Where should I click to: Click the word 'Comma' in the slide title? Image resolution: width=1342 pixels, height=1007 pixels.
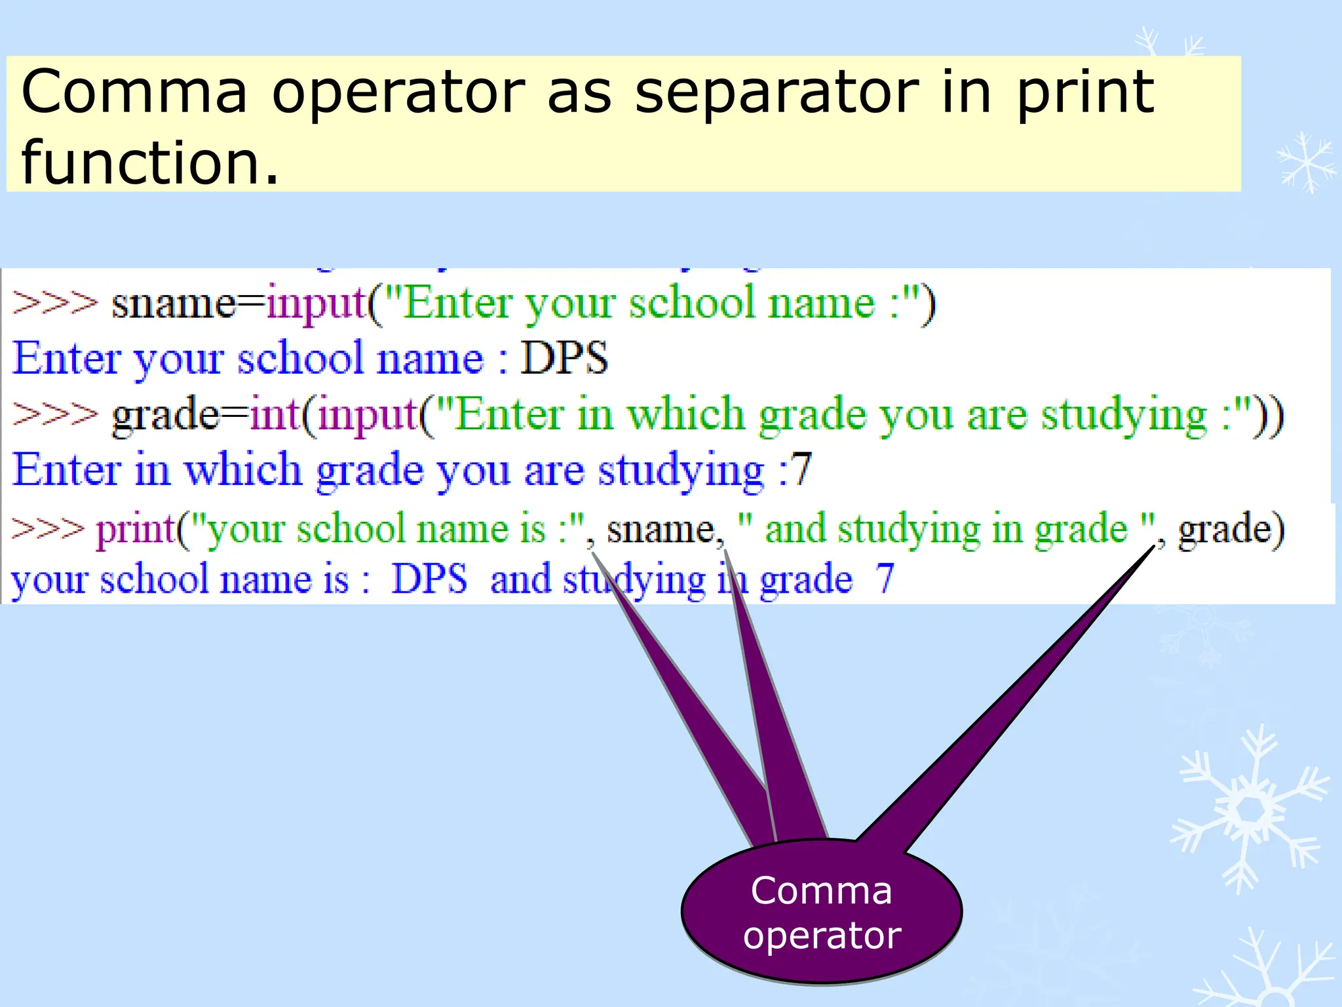point(134,92)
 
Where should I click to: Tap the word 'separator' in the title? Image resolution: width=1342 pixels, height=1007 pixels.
point(776,92)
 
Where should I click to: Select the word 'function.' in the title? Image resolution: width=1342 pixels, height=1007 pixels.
point(151,162)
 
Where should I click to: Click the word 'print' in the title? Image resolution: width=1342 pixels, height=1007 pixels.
point(1084,92)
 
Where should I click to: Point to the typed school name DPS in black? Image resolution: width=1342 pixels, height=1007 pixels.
point(564,359)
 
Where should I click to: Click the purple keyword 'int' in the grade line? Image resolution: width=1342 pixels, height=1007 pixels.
point(275,414)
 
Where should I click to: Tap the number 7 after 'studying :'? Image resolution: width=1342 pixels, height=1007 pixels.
point(801,469)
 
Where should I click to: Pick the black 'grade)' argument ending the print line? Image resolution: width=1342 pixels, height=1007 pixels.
point(1231,530)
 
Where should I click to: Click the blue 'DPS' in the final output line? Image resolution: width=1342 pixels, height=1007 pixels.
point(429,579)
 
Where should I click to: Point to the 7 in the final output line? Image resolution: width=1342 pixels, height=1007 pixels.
point(885,579)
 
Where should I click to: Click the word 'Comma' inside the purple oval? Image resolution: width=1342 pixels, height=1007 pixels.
point(821,890)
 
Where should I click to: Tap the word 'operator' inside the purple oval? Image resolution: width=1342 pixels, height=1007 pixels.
point(822,934)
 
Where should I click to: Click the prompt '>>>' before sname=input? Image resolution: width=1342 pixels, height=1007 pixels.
point(54,304)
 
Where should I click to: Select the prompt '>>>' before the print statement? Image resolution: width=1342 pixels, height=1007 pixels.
point(48,528)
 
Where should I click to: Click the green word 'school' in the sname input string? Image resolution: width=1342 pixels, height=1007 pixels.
point(691,304)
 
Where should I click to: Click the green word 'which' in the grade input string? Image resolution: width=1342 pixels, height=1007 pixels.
point(685,414)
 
